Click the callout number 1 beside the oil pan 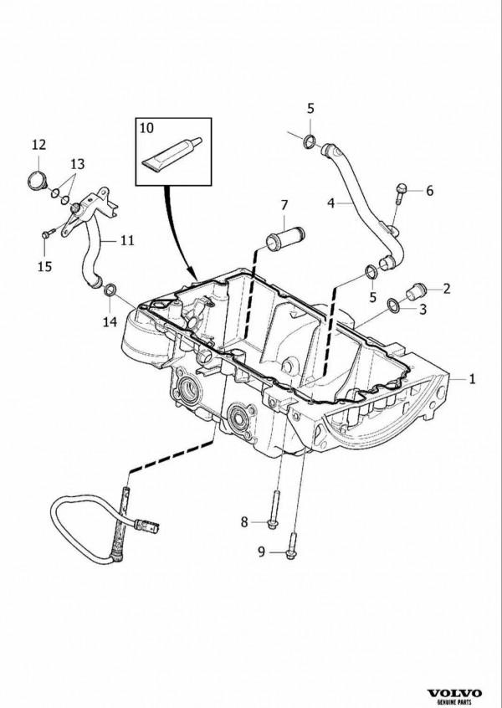coord(473,379)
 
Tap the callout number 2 coord(447,289)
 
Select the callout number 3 coord(423,310)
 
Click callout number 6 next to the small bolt coord(430,191)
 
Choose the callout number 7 coord(284,205)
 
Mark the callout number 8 coord(245,522)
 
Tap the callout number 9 coord(260,551)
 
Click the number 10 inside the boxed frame coord(146,129)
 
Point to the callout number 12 coord(38,146)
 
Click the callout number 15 coord(44,266)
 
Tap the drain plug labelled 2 coord(412,292)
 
